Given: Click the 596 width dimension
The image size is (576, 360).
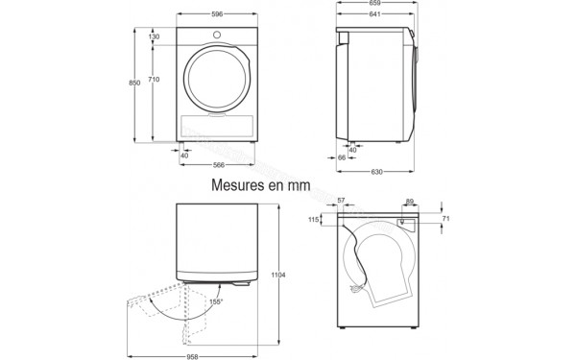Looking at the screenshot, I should coord(218,13).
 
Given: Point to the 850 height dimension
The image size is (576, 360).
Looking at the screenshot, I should coord(134,84).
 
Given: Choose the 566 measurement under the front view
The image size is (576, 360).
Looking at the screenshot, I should coord(218,163).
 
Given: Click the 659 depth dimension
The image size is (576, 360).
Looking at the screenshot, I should coord(374,4).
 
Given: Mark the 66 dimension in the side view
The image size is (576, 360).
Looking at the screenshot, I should coord(342,156).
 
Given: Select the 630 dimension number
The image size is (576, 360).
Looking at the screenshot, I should coord(377,172).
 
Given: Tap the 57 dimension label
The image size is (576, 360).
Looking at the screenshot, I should coord(343,201).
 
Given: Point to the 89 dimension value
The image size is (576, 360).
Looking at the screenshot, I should coord(410,201).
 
